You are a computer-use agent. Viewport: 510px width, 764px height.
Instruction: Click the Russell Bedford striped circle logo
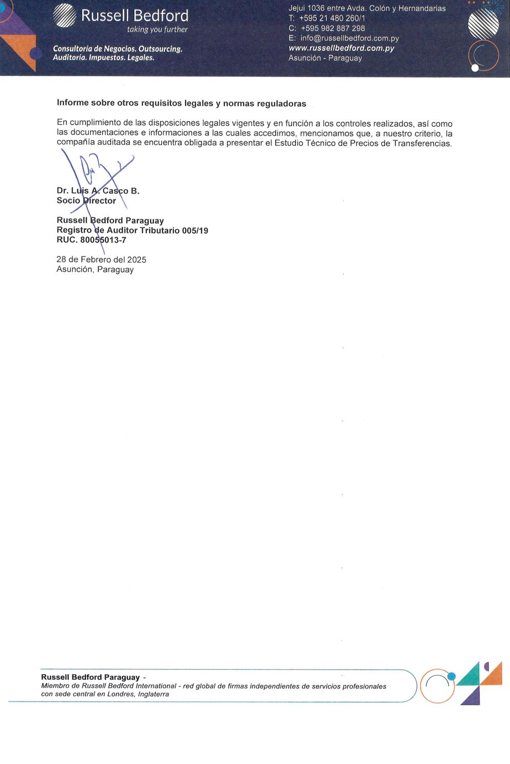pyautogui.click(x=65, y=15)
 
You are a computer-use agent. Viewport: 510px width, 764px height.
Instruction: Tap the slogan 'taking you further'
pyautogui.click(x=157, y=29)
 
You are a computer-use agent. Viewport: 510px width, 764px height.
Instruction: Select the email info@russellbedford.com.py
pyautogui.click(x=349, y=38)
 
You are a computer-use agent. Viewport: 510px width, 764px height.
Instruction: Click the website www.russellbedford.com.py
pyautogui.click(x=341, y=48)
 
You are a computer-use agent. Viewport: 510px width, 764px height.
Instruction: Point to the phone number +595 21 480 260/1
pyautogui.click(x=332, y=18)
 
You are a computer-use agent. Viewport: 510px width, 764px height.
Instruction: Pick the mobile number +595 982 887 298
pyautogui.click(x=332, y=28)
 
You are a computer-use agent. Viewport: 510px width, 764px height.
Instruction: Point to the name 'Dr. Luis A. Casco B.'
pyautogui.click(x=98, y=191)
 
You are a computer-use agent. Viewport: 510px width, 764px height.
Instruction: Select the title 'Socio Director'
pyautogui.click(x=86, y=200)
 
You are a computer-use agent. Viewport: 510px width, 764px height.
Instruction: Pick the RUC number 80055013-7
pyautogui.click(x=103, y=240)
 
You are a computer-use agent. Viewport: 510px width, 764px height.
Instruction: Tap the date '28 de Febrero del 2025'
pyautogui.click(x=101, y=259)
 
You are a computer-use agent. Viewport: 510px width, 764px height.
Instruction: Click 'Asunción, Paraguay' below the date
pyautogui.click(x=95, y=269)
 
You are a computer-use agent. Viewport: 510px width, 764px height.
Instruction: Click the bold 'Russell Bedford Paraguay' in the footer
pyautogui.click(x=90, y=677)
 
